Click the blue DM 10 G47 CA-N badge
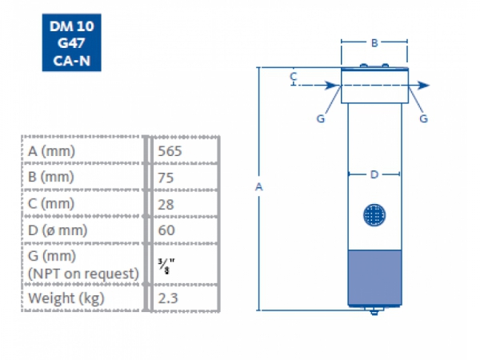point(71,43)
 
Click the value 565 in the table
point(172,151)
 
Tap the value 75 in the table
point(166,177)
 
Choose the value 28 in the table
point(166,203)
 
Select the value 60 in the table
point(166,230)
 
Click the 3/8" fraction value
point(166,266)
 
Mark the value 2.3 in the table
point(168,298)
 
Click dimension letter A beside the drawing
point(258,186)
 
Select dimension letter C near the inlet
point(294,77)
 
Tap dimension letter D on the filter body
point(374,174)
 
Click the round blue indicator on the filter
point(374,214)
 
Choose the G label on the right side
point(423,118)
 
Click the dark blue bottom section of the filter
point(374,277)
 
